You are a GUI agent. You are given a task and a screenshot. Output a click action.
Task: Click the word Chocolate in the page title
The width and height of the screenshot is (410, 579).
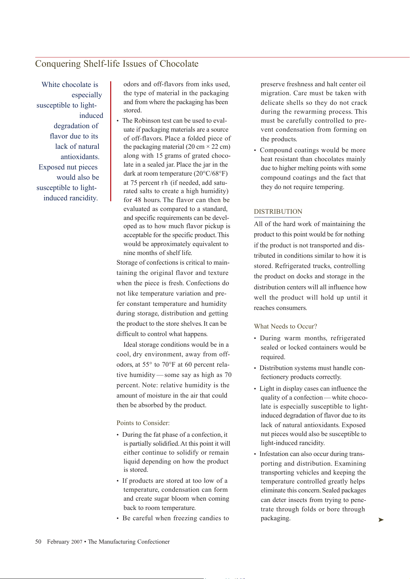[179, 64]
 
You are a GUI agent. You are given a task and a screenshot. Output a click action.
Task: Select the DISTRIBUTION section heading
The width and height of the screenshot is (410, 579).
[278, 212]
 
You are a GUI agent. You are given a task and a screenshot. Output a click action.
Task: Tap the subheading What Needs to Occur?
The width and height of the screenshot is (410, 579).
[285, 326]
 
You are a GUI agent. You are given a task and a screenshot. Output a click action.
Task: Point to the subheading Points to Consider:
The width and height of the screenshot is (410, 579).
[143, 423]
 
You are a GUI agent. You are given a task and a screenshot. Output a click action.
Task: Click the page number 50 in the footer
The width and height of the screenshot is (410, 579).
[38, 542]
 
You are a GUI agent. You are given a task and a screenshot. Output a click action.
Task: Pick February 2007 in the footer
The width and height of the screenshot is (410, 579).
[65, 542]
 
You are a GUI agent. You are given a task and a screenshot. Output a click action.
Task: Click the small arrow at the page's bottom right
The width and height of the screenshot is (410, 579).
[381, 520]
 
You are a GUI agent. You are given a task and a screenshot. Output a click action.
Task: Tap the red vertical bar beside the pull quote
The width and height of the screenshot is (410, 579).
[111, 141]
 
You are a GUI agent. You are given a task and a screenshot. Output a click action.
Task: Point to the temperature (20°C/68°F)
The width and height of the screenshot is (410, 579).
[210, 174]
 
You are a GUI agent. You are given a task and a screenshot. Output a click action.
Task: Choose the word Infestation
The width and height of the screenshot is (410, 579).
[274, 454]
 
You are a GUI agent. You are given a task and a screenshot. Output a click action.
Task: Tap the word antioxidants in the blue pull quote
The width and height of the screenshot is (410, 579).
[80, 157]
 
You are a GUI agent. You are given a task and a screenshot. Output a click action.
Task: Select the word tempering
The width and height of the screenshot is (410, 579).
[330, 187]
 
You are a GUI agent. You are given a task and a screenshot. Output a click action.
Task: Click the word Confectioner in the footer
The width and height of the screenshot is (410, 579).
[153, 542]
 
